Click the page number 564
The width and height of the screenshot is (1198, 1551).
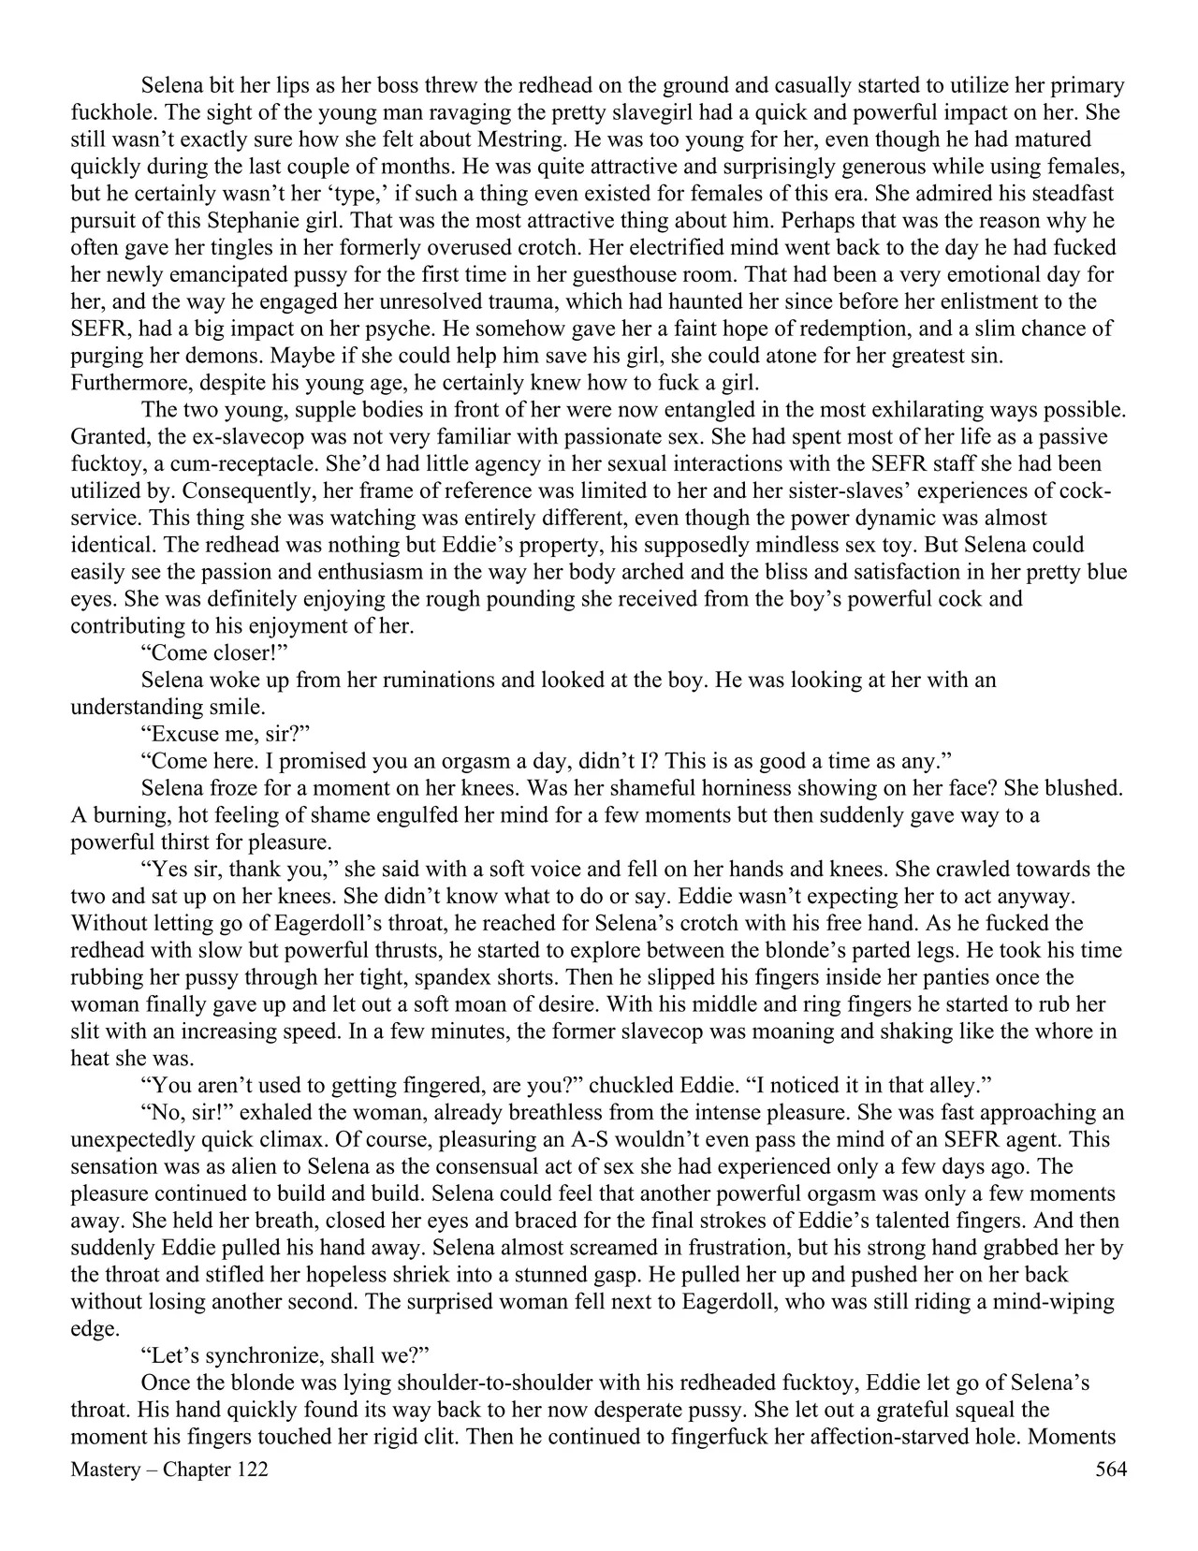1110,1470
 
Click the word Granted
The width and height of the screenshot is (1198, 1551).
106,437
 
